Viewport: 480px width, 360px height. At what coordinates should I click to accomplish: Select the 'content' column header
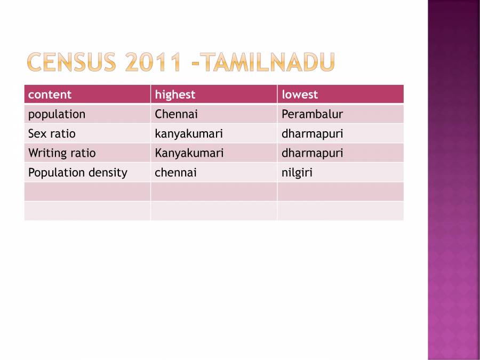pos(50,94)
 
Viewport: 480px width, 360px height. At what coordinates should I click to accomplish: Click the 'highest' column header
pos(175,94)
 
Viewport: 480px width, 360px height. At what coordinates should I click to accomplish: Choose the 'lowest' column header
pos(300,94)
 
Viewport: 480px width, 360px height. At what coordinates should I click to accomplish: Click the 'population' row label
pos(57,114)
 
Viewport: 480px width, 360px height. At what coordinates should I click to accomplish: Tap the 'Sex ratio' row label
pos(52,133)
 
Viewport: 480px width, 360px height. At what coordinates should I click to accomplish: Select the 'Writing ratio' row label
pos(62,153)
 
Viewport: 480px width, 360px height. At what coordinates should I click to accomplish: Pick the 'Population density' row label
pos(78,172)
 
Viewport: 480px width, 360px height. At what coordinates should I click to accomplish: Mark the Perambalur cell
pos(312,114)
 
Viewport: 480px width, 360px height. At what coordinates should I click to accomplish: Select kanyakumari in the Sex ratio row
pos(189,133)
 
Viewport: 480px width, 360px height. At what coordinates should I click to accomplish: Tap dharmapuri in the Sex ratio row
pos(312,133)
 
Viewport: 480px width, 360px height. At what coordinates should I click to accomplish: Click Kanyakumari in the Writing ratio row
pos(189,153)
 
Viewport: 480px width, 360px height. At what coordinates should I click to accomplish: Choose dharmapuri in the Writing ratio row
pos(312,153)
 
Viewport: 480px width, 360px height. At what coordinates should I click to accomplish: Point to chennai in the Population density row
pos(175,172)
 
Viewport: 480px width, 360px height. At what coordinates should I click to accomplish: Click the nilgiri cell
pos(297,172)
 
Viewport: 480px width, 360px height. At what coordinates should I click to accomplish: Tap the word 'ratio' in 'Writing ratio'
pos(83,153)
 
